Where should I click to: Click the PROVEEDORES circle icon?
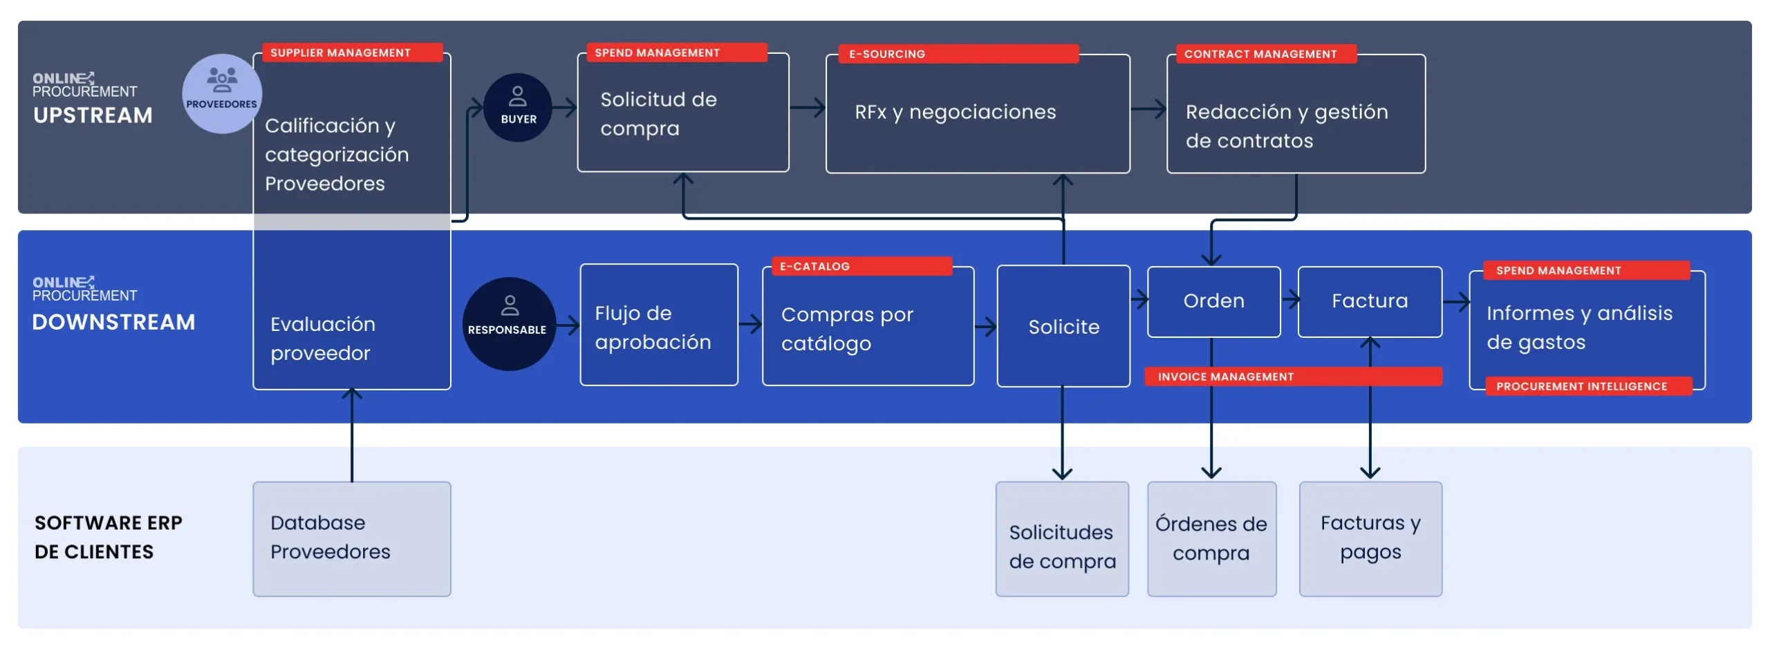click(x=221, y=93)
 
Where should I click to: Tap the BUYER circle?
click(x=517, y=108)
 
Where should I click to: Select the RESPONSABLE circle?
click(x=509, y=323)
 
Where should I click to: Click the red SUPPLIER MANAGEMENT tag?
click(x=352, y=53)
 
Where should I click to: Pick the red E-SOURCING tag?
click(x=957, y=54)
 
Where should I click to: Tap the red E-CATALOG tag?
click(x=860, y=266)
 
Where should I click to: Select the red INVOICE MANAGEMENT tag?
click(x=1292, y=377)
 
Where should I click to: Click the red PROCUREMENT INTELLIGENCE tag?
click(x=1587, y=386)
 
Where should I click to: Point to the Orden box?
click(x=1213, y=301)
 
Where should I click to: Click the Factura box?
click(x=1369, y=301)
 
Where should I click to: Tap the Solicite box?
click(x=1063, y=326)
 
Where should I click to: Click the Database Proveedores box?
click(x=351, y=538)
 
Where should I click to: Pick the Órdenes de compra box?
click(x=1211, y=538)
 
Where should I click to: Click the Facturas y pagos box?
click(x=1370, y=538)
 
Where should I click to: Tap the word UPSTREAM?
click(x=93, y=115)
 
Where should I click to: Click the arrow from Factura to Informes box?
click(x=1455, y=301)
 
